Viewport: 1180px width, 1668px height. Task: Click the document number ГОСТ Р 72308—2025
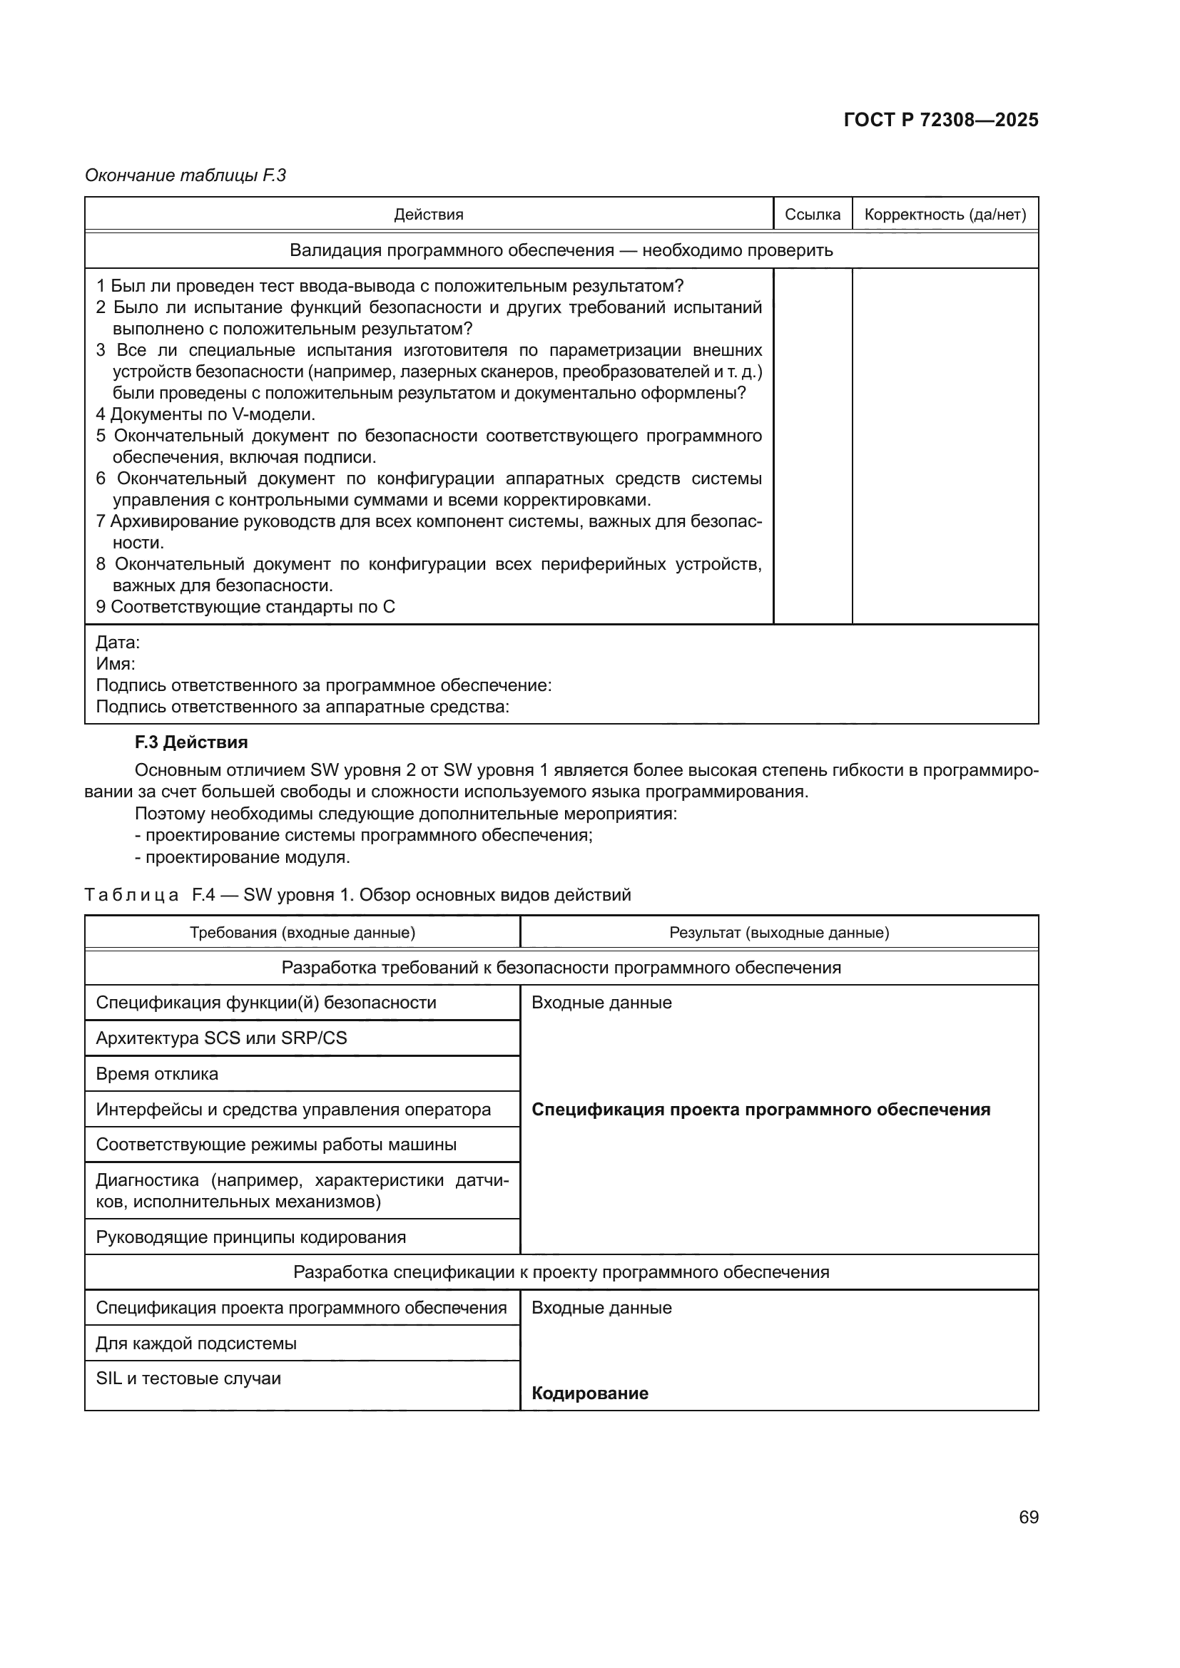coord(940,120)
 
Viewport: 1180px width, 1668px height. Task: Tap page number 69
coord(1028,1517)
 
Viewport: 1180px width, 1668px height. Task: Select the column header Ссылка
coord(813,215)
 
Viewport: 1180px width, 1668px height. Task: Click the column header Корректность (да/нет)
coord(945,215)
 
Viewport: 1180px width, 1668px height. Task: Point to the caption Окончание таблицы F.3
coord(185,175)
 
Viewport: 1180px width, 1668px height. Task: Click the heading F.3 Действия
coord(191,742)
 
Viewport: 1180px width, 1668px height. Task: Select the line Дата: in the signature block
coord(118,643)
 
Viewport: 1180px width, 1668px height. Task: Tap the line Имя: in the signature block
coord(116,663)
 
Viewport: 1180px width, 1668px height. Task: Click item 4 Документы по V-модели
coord(205,414)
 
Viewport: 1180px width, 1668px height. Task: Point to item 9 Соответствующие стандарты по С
coord(245,607)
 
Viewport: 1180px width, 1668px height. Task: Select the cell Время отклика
coord(157,1074)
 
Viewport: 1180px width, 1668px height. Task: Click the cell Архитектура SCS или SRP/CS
coord(222,1038)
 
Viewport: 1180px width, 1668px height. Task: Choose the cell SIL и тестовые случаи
coord(188,1378)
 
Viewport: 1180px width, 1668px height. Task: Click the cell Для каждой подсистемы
coord(196,1344)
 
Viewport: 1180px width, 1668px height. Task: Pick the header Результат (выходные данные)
coord(779,932)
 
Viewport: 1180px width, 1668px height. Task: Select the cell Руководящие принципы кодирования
coord(250,1237)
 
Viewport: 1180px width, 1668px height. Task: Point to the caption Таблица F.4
coord(357,894)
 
